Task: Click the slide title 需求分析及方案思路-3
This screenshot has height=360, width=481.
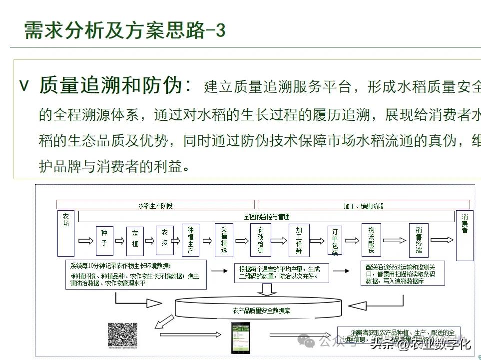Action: (125, 31)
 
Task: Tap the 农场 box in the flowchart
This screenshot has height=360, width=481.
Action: (66, 233)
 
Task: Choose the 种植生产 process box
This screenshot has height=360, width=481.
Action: (190, 241)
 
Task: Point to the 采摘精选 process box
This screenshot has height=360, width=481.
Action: (224, 241)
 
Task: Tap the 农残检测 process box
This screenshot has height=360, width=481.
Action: (260, 241)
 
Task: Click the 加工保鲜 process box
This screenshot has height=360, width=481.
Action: (299, 241)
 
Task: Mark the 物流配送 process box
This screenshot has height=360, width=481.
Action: (371, 241)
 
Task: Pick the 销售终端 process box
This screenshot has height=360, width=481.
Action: (419, 241)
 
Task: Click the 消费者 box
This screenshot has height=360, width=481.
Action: (465, 235)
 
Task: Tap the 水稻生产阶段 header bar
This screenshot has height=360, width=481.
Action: (155, 205)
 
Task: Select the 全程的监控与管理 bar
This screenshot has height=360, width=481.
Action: (266, 217)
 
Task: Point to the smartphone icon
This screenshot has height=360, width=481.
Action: (240, 337)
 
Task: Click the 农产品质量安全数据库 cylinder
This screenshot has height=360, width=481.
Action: (261, 310)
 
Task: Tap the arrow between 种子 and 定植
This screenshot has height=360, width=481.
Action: (119, 241)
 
